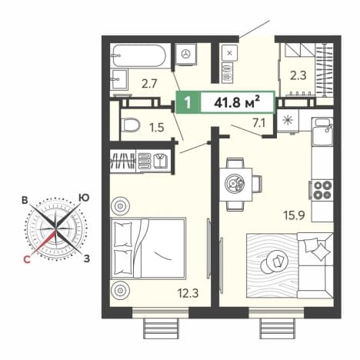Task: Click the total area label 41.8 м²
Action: coord(237,103)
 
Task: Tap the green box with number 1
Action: coord(188,103)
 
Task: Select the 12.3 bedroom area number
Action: coord(188,293)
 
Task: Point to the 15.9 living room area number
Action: coord(294,215)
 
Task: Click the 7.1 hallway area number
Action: coord(259,124)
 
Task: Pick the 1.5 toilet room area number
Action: coord(157,128)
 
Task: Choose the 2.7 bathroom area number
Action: coord(149,84)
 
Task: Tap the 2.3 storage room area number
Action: coord(298,76)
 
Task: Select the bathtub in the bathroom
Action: coord(139,56)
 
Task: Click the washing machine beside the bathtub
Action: coord(186,54)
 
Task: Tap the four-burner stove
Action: coord(322,190)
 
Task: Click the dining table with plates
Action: coord(235,184)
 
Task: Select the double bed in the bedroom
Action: coord(148,248)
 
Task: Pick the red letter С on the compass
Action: coord(27,259)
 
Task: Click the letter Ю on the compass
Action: coord(84,198)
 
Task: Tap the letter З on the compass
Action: coord(87,259)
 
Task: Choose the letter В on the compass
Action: coord(25,200)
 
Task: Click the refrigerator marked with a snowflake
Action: coord(288,121)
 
